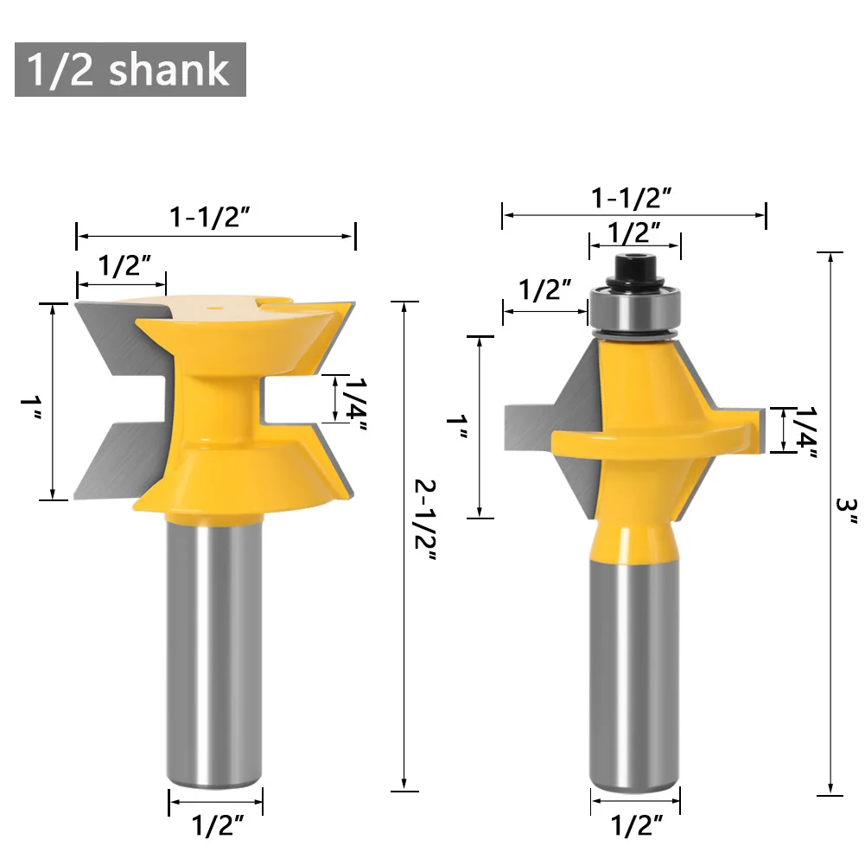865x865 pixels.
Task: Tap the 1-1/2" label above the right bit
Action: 632,198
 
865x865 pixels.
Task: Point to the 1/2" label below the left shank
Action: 214,825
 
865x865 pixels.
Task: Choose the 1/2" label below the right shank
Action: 635,825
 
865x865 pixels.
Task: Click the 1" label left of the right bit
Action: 455,427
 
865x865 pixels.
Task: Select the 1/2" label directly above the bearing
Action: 633,232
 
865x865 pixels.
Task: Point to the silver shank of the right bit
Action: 634,665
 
